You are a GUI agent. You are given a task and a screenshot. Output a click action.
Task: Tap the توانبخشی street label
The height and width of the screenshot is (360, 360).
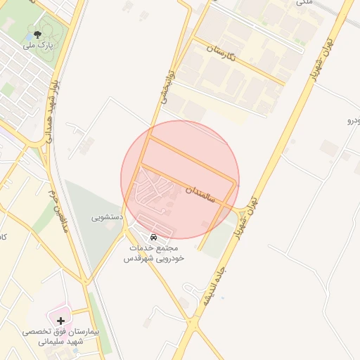point(166,89)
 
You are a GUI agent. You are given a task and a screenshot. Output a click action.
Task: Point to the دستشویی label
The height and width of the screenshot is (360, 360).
point(108,217)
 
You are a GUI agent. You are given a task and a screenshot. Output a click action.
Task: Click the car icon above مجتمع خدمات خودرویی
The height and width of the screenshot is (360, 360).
point(154,236)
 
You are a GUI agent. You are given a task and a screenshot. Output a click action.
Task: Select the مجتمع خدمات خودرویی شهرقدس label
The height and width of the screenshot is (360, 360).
point(154,253)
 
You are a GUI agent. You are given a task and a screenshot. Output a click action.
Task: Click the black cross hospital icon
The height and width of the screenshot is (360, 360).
point(60,321)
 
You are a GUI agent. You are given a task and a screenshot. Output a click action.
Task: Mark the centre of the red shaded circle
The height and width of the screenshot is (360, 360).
point(180,179)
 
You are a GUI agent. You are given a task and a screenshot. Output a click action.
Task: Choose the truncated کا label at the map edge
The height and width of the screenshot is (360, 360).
point(4,236)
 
